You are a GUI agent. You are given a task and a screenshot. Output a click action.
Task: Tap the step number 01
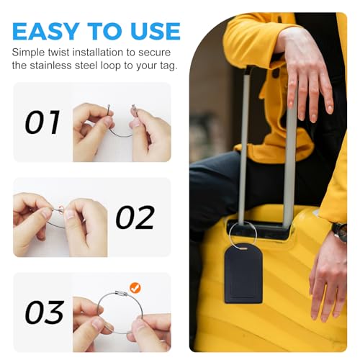tap(42, 122)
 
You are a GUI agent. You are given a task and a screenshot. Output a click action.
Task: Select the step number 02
tap(135, 217)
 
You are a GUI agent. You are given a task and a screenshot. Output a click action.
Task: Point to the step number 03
tap(44, 312)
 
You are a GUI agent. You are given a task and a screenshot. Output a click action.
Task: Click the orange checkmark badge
tap(135, 288)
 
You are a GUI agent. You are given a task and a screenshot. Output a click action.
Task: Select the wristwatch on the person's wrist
tap(341, 232)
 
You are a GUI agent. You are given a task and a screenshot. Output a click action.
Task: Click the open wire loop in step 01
tap(120, 126)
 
